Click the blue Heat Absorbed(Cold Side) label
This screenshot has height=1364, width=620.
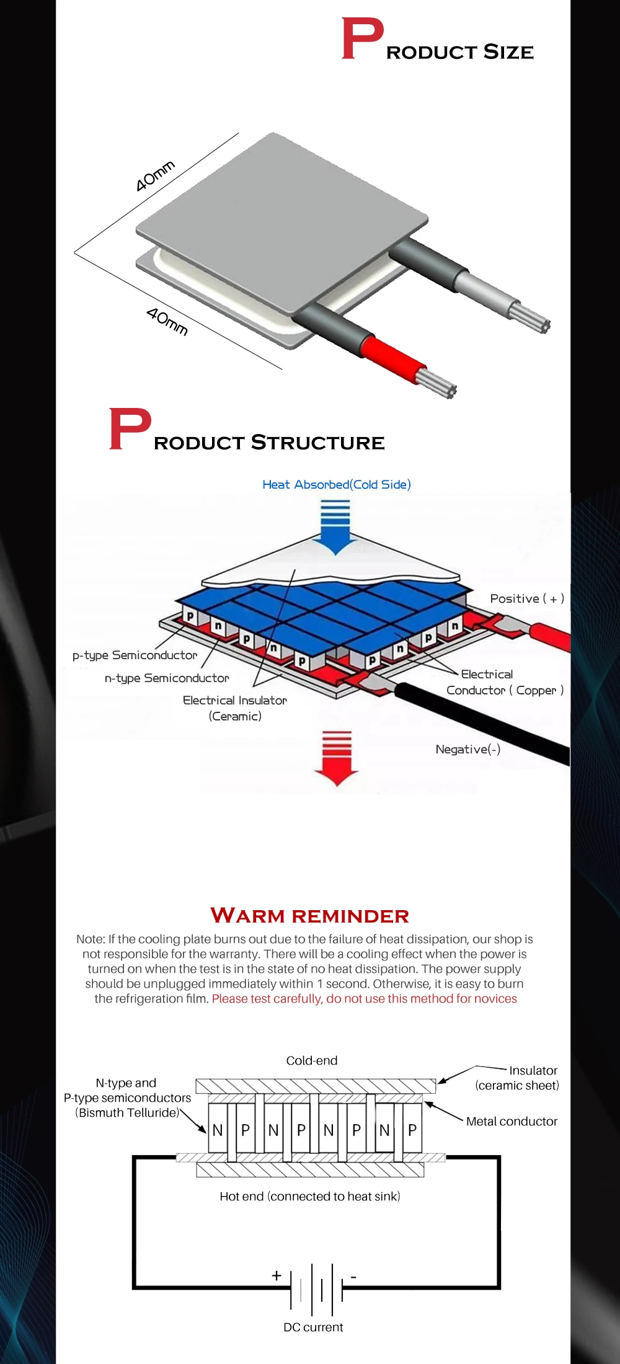(x=336, y=484)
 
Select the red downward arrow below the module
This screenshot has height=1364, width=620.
(x=337, y=760)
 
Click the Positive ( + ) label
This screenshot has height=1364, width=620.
(x=527, y=598)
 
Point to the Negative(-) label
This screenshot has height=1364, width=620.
(x=467, y=749)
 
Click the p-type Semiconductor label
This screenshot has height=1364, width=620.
(x=135, y=655)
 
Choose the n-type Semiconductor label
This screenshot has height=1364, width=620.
(x=167, y=678)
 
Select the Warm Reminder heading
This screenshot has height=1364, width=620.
(x=310, y=916)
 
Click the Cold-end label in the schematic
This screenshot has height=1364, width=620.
(x=312, y=1060)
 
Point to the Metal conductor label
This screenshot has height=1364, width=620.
(x=511, y=1121)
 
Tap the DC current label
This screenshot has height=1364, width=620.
(x=313, y=1327)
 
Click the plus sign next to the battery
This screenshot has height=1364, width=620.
(x=277, y=1275)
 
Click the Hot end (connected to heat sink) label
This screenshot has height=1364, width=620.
(x=310, y=1196)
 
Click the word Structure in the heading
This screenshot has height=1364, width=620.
(x=317, y=443)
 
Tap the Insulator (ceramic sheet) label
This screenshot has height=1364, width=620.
(x=517, y=1078)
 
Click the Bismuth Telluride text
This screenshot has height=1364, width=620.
(x=128, y=1112)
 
